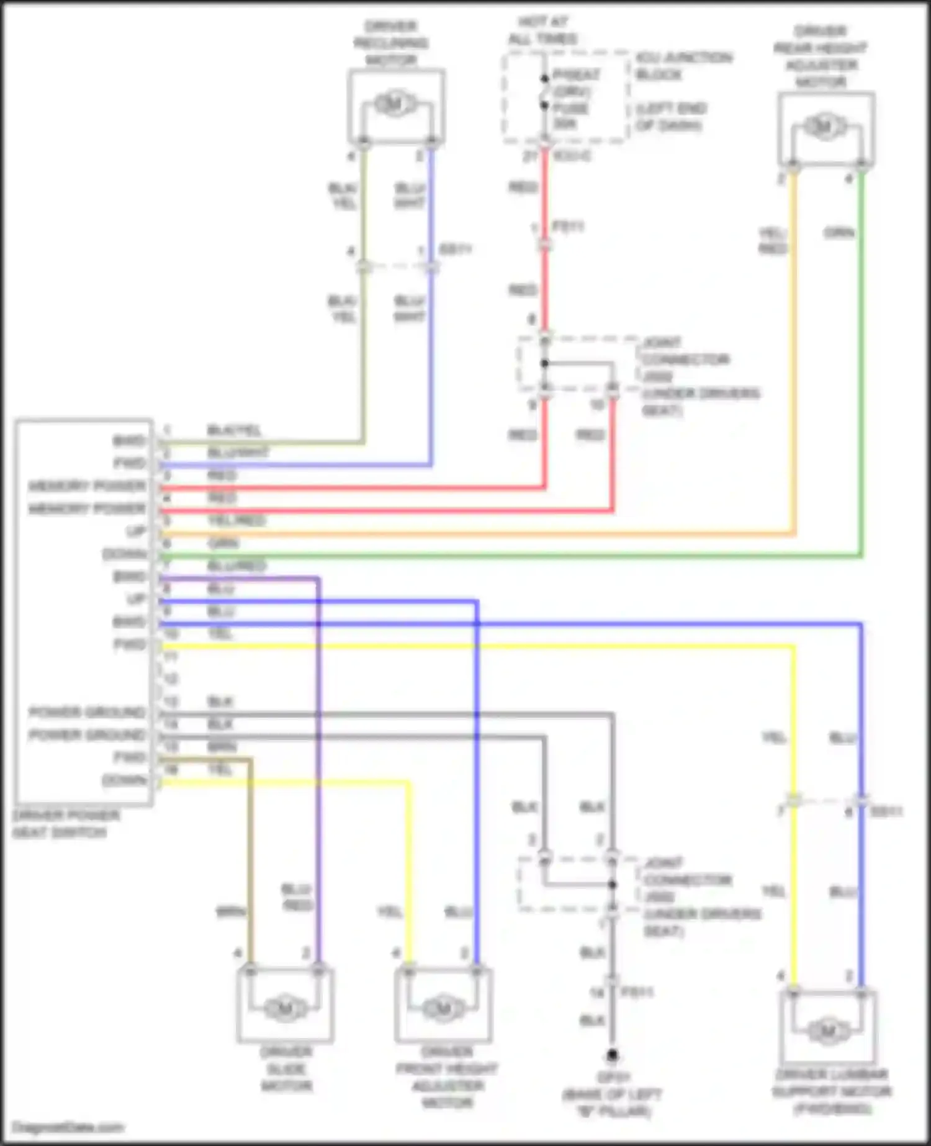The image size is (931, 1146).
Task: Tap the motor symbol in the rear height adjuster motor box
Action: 824,128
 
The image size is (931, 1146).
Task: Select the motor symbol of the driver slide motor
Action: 286,1008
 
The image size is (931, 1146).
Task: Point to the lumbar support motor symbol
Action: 827,1032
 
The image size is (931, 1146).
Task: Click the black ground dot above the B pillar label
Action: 612,1055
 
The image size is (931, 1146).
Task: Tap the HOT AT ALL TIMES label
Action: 542,30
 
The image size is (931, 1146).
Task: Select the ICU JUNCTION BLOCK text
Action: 683,66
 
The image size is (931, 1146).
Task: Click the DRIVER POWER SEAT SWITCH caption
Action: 66,824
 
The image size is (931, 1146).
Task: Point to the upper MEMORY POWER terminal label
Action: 88,486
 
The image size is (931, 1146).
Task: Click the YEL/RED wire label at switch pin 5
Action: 236,520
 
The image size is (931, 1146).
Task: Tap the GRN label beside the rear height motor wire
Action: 839,233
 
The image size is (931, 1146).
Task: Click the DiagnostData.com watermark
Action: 68,1127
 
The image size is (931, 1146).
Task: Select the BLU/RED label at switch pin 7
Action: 236,566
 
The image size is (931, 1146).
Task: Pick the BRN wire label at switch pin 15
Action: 221,747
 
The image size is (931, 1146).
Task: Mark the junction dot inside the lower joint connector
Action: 612,885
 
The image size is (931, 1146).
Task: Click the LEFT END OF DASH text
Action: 671,117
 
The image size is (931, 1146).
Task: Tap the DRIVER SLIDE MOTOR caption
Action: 286,1068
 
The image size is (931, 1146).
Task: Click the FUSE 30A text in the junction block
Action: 570,116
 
